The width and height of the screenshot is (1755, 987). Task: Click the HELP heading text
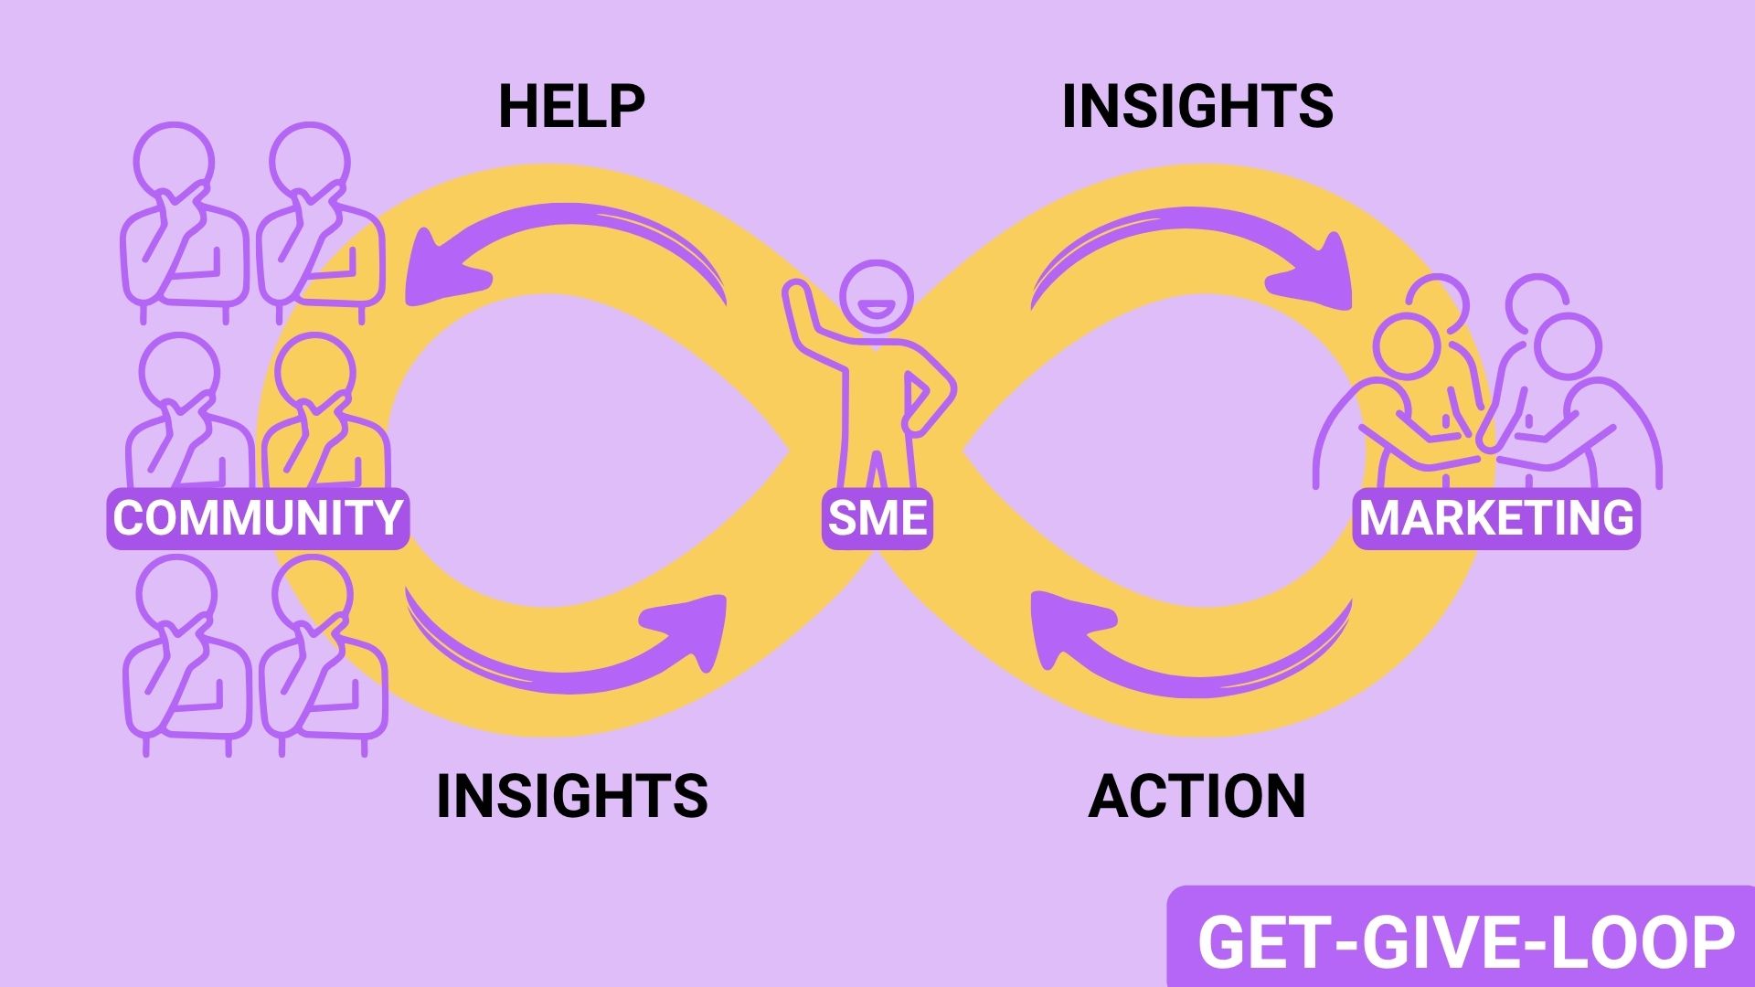[571, 106]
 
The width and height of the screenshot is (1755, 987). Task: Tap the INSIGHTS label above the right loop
[1197, 106]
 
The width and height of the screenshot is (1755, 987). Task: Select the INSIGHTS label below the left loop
[572, 795]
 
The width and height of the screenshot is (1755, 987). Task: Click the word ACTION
[1197, 795]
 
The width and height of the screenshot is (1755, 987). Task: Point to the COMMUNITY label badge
[258, 518]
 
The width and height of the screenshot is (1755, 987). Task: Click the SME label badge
[877, 518]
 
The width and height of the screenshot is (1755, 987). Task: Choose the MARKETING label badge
[1496, 518]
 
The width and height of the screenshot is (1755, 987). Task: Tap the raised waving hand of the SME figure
[797, 297]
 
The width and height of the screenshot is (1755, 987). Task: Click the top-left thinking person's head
[174, 161]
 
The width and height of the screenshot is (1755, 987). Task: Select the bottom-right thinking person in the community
[320, 658]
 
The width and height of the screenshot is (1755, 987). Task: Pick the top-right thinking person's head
[310, 161]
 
